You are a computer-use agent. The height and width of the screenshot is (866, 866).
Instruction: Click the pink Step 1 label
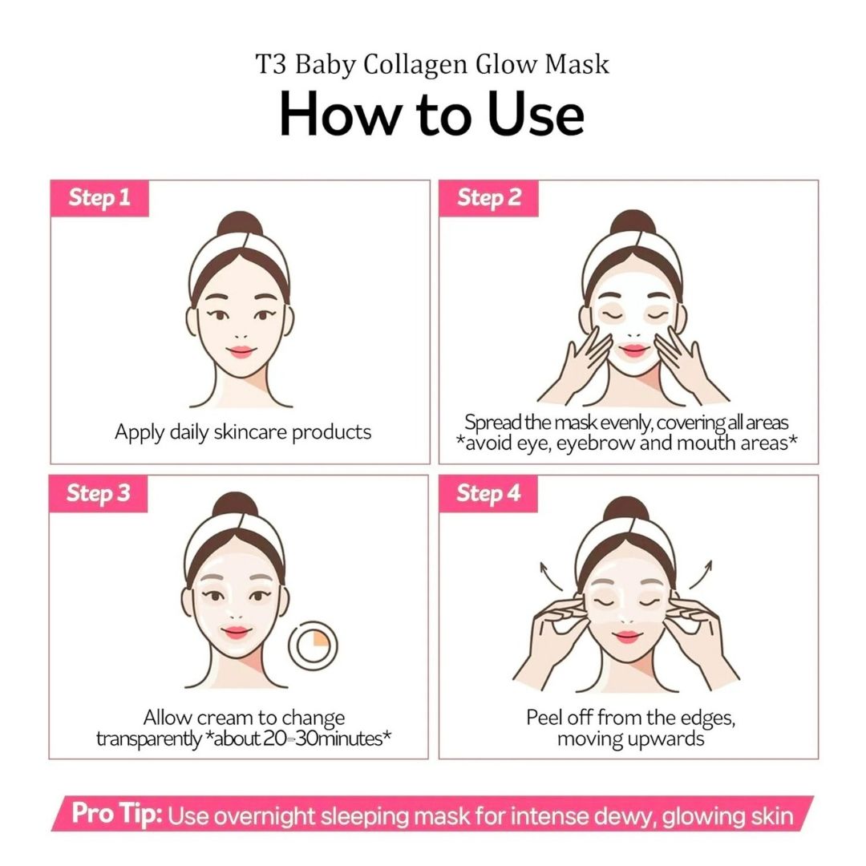tap(99, 198)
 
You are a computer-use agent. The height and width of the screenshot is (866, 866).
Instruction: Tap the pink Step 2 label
tap(489, 198)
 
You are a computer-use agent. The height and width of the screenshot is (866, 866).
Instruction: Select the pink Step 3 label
tap(99, 493)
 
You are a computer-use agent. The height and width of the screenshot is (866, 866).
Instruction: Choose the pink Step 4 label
tap(488, 493)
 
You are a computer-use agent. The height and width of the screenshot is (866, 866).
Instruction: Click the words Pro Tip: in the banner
tap(118, 815)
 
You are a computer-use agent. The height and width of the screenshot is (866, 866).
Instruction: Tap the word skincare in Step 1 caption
tap(249, 433)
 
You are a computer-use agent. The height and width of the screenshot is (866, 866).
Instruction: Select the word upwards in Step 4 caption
tap(666, 739)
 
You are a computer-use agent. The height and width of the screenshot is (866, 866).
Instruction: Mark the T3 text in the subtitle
tap(272, 64)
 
